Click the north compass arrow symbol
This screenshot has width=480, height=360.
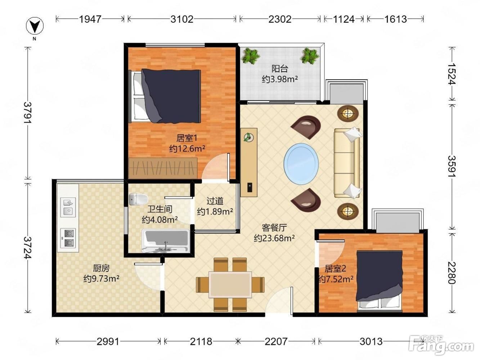(x=35, y=26)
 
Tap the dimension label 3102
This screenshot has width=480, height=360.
(x=182, y=19)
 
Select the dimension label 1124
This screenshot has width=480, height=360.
(x=344, y=19)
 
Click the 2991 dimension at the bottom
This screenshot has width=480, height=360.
(x=108, y=341)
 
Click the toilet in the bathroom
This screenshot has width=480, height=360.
(x=138, y=199)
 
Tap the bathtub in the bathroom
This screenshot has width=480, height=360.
(x=166, y=240)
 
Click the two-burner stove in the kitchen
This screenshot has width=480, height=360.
(x=68, y=238)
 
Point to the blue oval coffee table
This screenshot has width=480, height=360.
(x=301, y=164)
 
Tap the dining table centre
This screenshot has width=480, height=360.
(x=230, y=284)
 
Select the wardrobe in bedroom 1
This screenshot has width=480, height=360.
(x=163, y=168)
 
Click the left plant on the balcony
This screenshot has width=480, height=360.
(x=250, y=56)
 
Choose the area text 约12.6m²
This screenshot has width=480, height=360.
(x=187, y=149)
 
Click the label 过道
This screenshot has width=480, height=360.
(x=215, y=201)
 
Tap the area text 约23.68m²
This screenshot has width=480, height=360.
(x=274, y=238)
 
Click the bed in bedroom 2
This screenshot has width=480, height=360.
(x=380, y=281)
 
